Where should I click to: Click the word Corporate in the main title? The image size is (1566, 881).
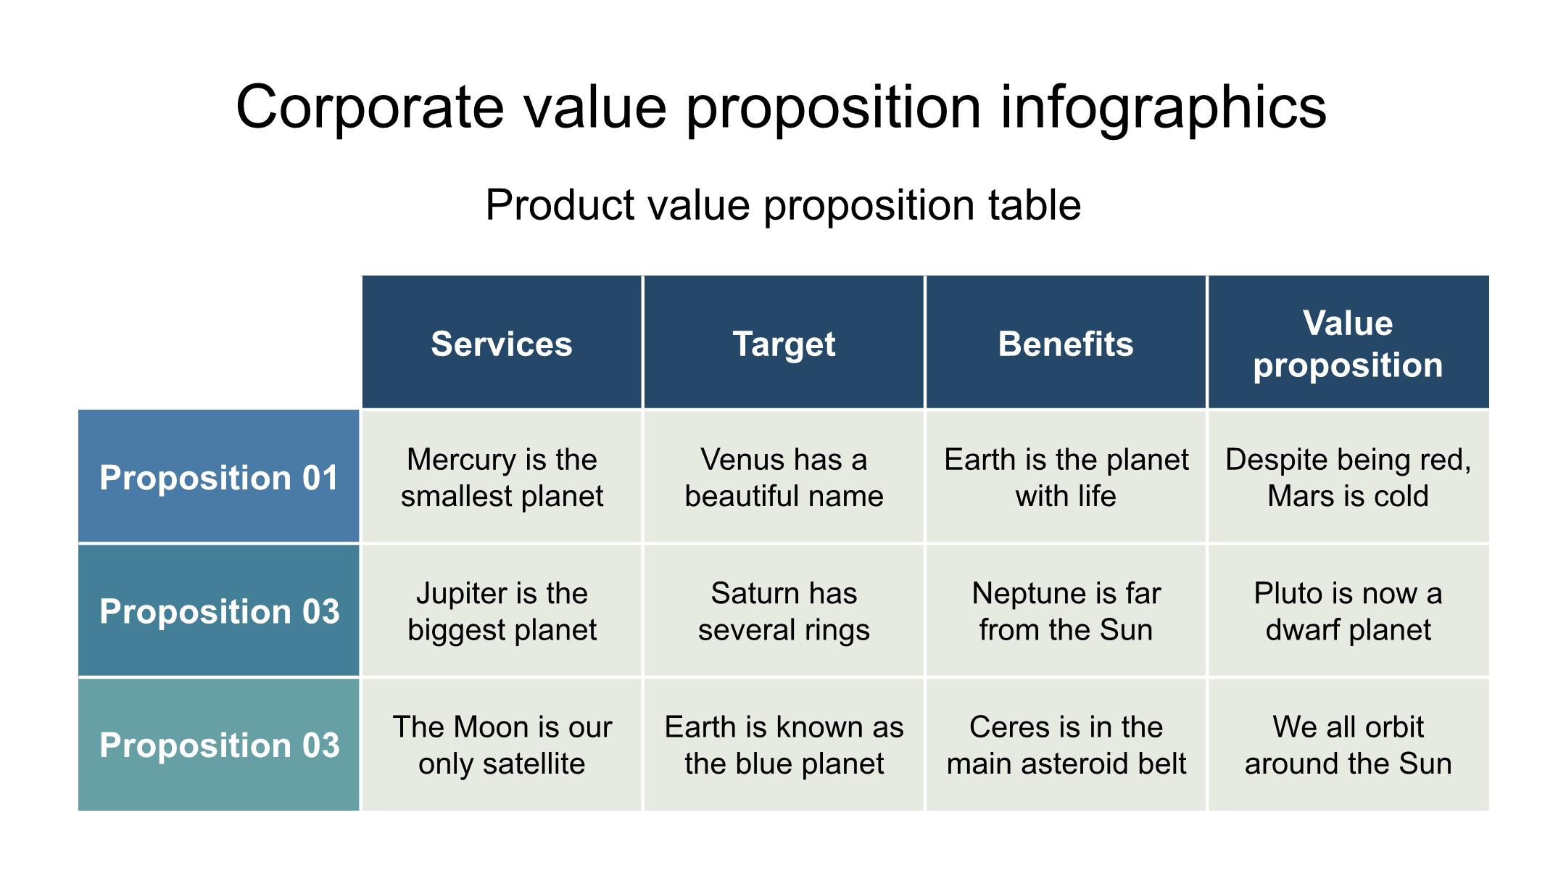(x=370, y=107)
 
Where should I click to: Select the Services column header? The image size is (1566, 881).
(x=502, y=342)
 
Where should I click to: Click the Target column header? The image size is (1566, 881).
(x=784, y=342)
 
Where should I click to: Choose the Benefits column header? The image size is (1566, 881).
(x=1066, y=342)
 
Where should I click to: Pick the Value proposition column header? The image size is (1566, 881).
(x=1348, y=342)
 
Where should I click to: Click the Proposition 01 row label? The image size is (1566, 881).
(x=219, y=476)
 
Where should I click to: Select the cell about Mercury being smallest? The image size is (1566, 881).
(x=502, y=476)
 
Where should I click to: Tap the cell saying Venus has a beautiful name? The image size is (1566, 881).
(x=784, y=476)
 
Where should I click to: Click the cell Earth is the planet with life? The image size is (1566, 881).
(x=1066, y=476)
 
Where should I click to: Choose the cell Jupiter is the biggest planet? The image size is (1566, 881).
(x=502, y=611)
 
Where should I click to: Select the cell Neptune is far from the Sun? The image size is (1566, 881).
(x=1066, y=611)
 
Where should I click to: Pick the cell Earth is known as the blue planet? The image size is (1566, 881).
(x=784, y=744)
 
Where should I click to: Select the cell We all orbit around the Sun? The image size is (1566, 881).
(x=1348, y=744)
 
